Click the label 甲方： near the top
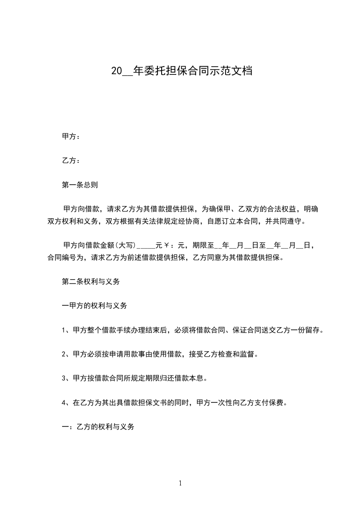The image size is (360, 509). tap(71, 137)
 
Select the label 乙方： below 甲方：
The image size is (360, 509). tap(71, 161)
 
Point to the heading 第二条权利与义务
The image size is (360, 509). tap(90, 281)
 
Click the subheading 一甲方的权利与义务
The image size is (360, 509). tap(94, 306)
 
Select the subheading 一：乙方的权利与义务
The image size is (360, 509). tap(98, 427)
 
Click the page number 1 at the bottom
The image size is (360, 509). tap(180, 484)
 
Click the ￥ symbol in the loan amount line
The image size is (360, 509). tap(167, 246)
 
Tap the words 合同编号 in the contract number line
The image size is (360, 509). tap(62, 258)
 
